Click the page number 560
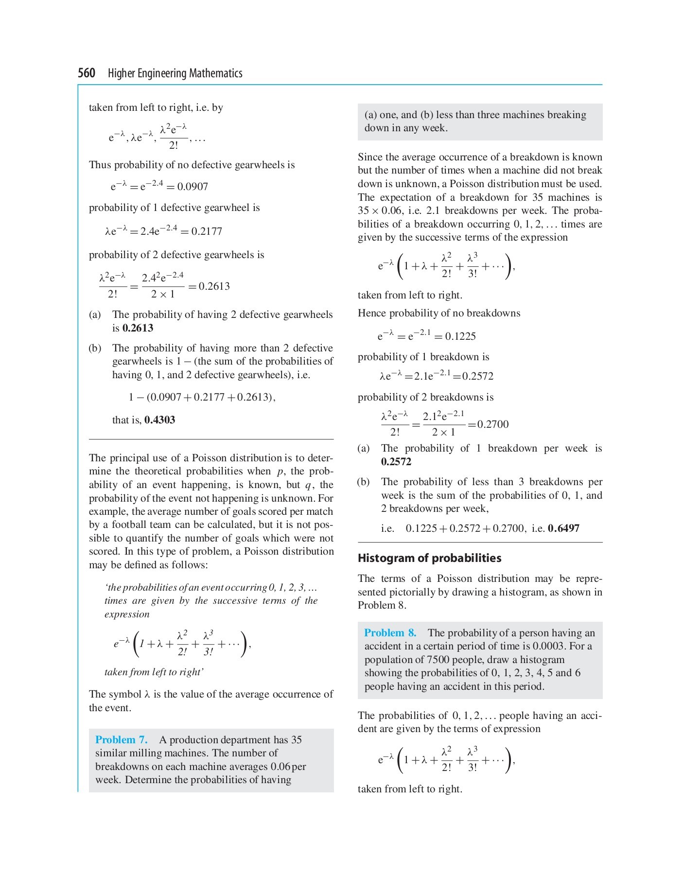click(x=87, y=73)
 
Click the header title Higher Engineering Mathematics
click(x=175, y=73)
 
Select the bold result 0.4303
click(x=159, y=420)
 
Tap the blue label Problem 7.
click(x=122, y=740)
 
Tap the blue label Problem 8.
click(x=390, y=633)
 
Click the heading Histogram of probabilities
click(x=429, y=558)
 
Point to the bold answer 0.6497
click(x=563, y=528)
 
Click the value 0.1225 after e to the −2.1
click(x=460, y=336)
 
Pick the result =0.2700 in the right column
click(x=488, y=424)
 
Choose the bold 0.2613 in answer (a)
click(x=138, y=328)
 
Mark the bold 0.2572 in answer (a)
click(x=396, y=462)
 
